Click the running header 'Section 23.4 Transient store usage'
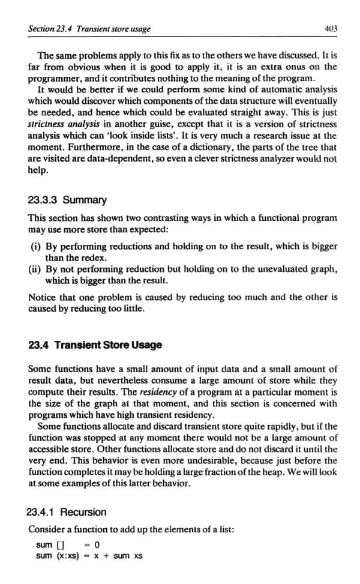[90, 28]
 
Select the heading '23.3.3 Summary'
[67, 200]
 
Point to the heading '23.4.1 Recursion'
[67, 512]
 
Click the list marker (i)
[35, 246]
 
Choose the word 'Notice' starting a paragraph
[43, 297]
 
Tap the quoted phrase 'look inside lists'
[167, 136]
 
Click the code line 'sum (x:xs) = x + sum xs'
[89, 556]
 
